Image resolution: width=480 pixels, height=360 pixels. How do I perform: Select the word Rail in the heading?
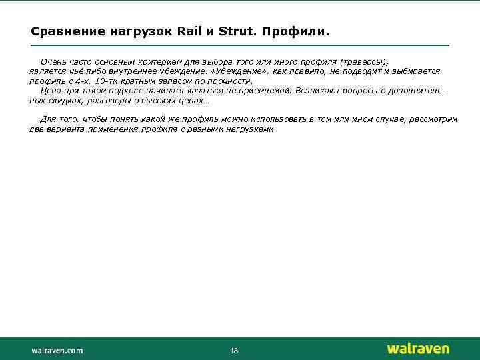point(191,31)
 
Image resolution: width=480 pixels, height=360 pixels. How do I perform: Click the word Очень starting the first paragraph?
point(53,61)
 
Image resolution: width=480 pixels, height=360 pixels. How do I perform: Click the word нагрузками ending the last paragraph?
point(251,129)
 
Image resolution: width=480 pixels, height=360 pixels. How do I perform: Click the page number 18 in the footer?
point(234,351)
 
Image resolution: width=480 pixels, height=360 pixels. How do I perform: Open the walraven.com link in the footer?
point(57,350)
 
